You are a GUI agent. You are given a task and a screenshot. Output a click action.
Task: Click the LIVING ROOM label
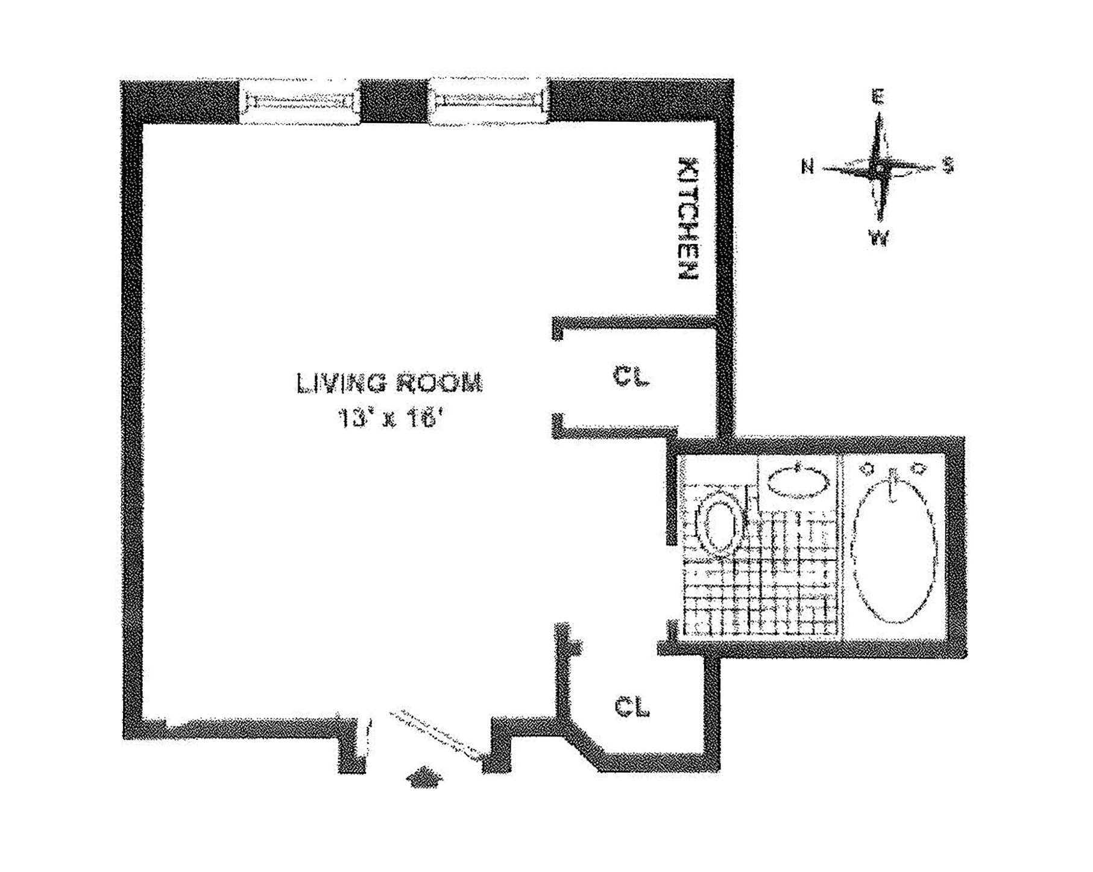390,383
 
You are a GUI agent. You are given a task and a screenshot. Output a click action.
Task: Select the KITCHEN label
688,218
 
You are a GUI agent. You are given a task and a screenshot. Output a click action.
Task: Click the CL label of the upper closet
631,377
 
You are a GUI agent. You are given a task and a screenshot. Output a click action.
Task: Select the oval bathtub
895,548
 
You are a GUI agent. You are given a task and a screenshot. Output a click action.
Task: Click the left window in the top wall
300,102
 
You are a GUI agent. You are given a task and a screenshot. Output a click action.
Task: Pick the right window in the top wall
488,102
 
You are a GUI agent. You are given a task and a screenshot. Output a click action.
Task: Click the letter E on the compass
879,96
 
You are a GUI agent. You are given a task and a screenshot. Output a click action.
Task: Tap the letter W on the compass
880,239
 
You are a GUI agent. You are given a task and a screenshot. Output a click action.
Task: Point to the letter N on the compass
808,166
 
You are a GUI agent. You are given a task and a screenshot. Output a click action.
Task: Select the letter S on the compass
948,165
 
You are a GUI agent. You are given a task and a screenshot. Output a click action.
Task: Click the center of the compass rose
879,168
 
